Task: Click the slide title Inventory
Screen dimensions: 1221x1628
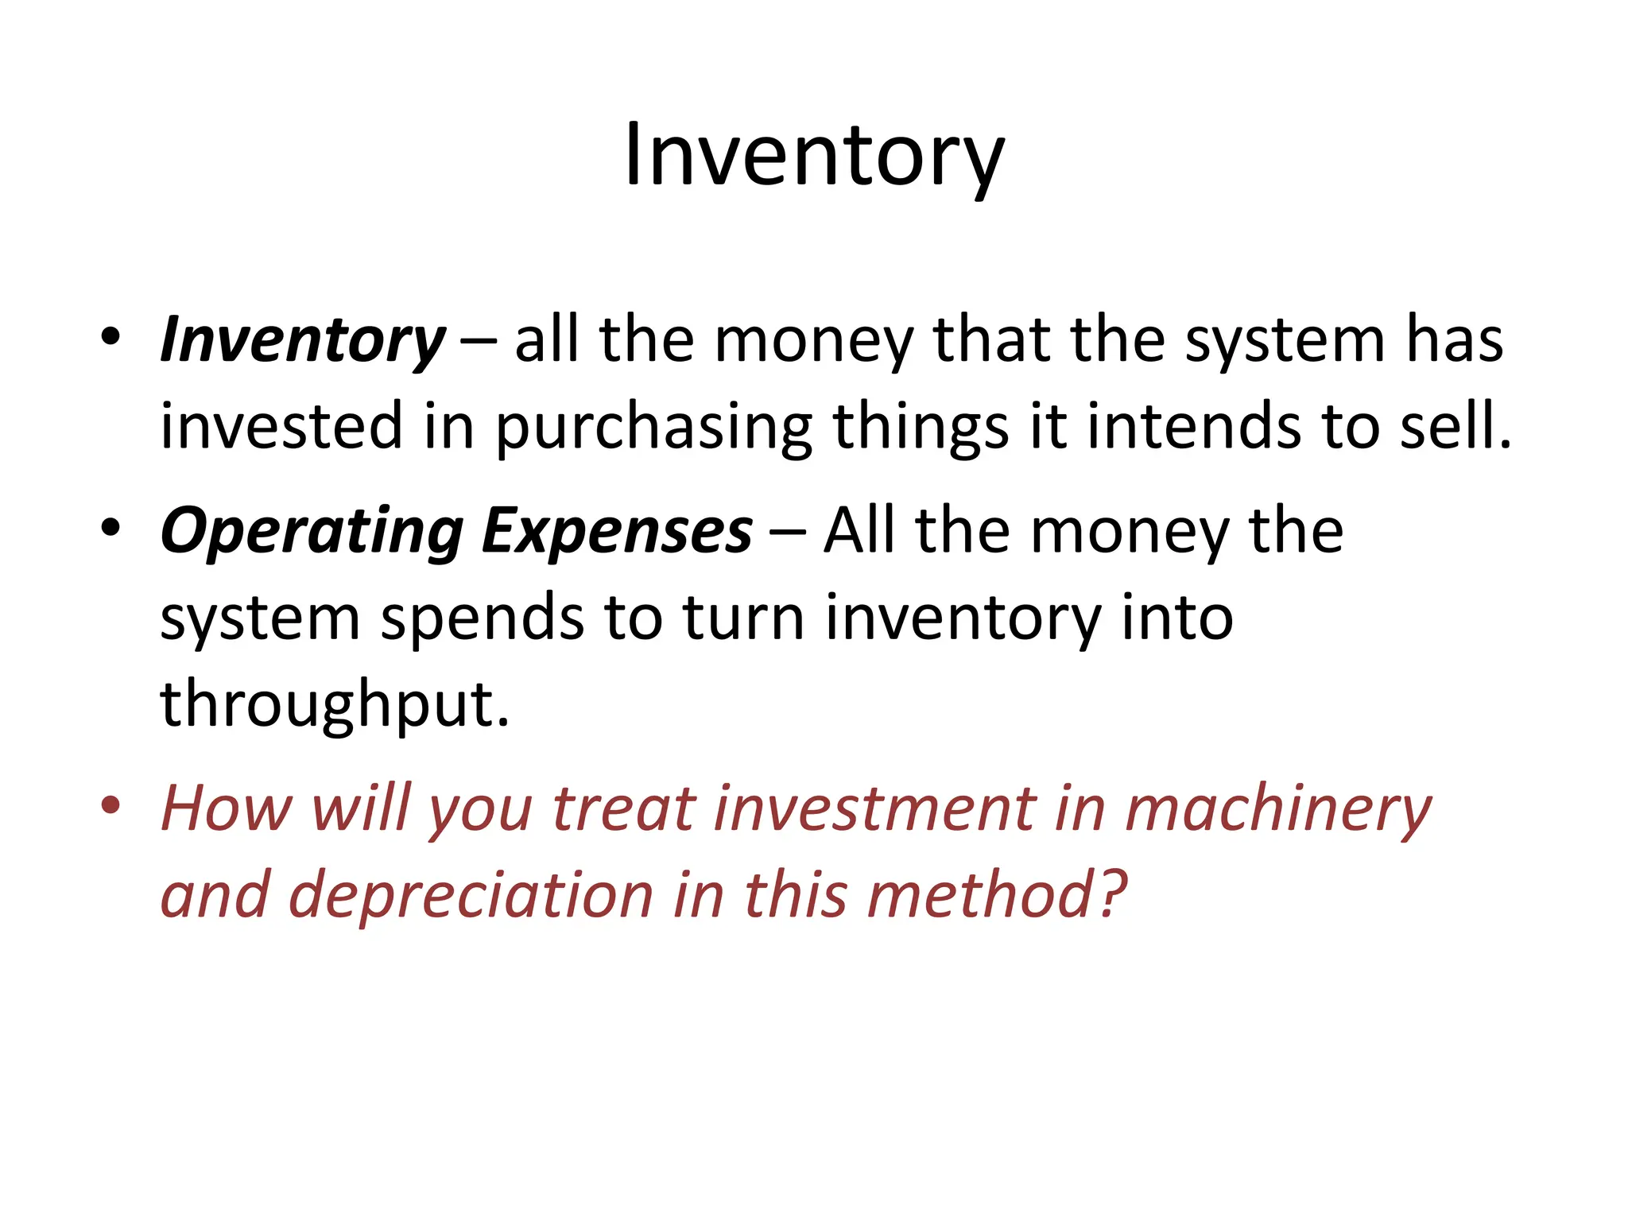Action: click(814, 156)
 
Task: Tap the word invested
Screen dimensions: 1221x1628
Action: click(281, 426)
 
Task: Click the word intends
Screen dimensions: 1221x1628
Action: click(1193, 426)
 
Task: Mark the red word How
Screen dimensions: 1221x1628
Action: click(226, 809)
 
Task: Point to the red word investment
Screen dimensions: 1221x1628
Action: click(874, 809)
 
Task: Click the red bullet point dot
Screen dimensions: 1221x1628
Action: click(110, 806)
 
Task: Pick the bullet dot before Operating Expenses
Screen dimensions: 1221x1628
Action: click(110, 528)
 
